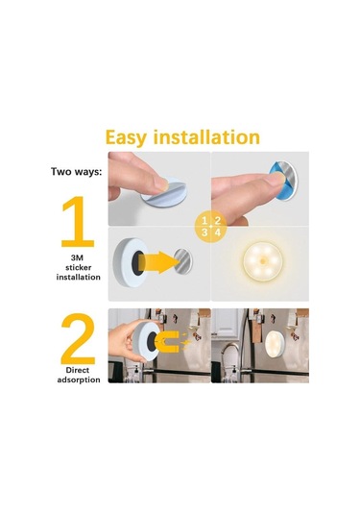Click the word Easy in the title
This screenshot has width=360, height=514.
click(126, 137)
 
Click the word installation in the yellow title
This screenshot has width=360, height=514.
click(206, 137)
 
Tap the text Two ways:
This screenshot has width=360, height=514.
click(77, 171)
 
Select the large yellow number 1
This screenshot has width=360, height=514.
click(78, 221)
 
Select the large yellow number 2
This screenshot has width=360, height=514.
click(78, 338)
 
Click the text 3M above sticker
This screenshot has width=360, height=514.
click(79, 257)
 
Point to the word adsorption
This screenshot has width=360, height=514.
click(79, 379)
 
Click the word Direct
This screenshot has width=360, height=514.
click(78, 370)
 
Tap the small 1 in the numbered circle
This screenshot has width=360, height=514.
click(204, 220)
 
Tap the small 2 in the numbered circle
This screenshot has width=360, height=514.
click(218, 220)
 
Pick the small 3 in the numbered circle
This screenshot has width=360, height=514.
click(204, 233)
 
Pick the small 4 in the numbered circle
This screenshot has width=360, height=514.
click(218, 233)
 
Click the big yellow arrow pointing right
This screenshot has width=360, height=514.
click(158, 262)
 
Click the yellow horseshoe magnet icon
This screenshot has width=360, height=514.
click(168, 341)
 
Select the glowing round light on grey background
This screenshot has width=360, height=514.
click(263, 261)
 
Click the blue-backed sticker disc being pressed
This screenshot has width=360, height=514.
click(283, 179)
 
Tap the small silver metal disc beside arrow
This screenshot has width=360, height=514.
click(182, 261)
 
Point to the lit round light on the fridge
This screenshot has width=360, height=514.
click(275, 344)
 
